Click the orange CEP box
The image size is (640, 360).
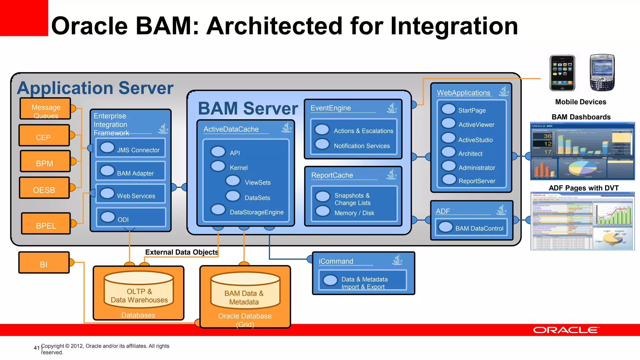pos(44,136)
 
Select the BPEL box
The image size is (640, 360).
pos(46,224)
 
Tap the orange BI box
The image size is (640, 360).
pos(44,263)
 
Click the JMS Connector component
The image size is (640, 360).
pos(131,148)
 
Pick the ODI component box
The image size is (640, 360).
pos(131,217)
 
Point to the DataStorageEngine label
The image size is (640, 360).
pos(257,212)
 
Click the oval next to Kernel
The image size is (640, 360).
pos(218,166)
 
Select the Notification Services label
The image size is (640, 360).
pos(362,146)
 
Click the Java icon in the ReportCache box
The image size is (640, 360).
pos(392,174)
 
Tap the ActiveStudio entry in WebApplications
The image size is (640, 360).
pos(475,140)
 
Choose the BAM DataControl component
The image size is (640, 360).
pos(471,228)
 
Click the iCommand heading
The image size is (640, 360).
pos(336,261)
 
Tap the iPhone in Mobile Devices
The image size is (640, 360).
pos(562,73)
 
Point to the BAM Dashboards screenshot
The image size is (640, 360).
pos(582,151)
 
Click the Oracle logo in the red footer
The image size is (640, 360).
pos(566,330)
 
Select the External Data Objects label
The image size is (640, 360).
pos(181,252)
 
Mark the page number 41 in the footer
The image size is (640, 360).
pos(37,348)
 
